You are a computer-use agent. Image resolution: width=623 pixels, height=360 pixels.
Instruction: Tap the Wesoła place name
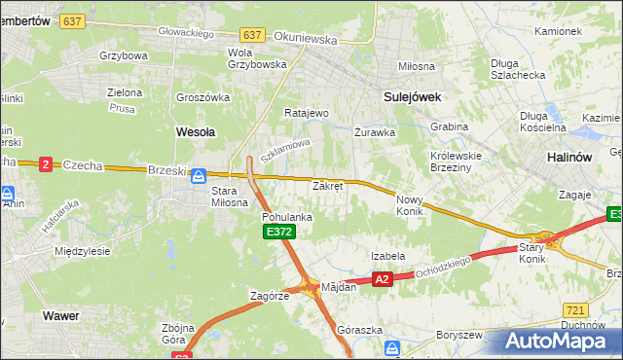(x=195, y=130)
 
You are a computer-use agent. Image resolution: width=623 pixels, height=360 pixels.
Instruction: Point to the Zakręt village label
(x=327, y=185)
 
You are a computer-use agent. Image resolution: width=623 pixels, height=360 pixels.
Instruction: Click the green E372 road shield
(x=278, y=232)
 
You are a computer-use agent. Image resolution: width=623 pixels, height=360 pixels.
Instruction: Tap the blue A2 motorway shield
(x=382, y=279)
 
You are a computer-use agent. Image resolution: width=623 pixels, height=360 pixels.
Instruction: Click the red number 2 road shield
(x=45, y=164)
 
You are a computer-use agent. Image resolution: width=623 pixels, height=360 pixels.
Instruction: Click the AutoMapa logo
(x=556, y=341)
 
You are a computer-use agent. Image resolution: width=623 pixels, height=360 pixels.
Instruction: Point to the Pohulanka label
(x=287, y=217)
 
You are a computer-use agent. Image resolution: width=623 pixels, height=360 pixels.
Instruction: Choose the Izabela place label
(x=387, y=256)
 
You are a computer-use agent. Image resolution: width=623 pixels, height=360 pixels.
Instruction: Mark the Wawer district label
(x=60, y=315)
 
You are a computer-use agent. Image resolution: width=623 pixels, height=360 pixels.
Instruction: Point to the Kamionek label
(x=558, y=31)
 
